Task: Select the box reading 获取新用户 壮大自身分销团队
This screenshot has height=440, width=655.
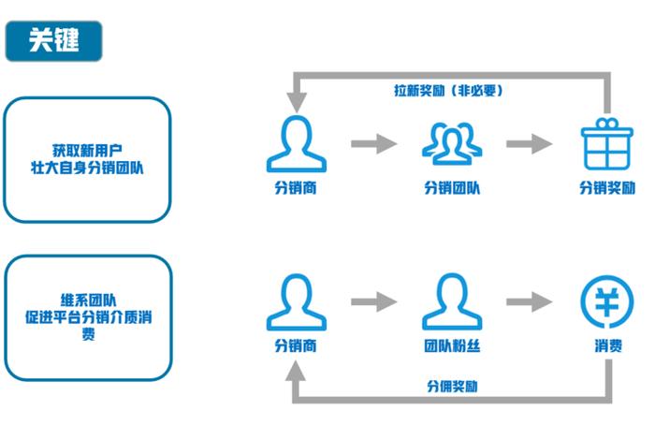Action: tap(88, 159)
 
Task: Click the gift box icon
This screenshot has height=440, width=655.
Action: tap(607, 144)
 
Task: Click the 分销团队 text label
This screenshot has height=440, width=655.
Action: tap(452, 187)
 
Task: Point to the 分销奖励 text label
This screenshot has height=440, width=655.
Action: tap(607, 187)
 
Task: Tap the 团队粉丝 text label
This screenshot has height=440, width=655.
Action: tap(452, 345)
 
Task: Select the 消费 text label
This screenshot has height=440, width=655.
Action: tap(607, 345)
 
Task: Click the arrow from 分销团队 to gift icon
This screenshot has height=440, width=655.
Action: tap(530, 144)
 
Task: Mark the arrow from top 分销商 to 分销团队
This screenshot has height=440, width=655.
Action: tap(373, 144)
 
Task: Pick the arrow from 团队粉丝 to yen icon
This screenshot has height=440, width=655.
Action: tap(530, 302)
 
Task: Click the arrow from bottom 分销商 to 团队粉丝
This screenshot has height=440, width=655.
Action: tap(373, 302)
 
